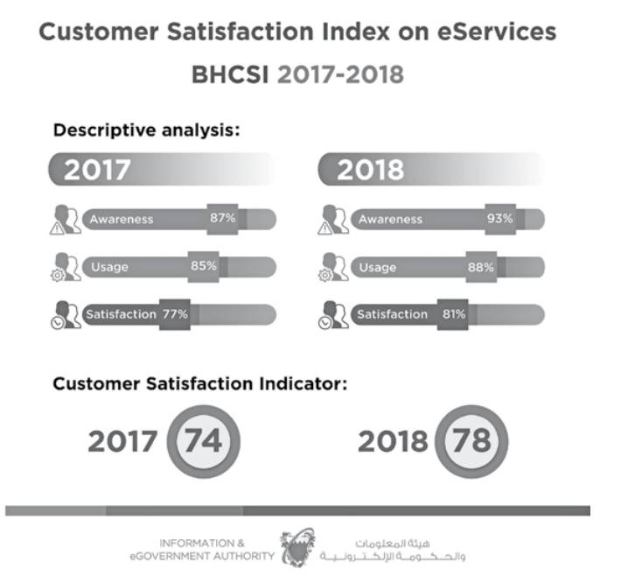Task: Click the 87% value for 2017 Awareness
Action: tap(222, 218)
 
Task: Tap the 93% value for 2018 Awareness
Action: tap(499, 218)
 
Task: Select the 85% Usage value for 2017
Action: tap(203, 266)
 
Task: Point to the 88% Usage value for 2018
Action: tap(480, 267)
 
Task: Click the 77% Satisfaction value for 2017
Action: tap(173, 314)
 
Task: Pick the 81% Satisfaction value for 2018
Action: tap(453, 313)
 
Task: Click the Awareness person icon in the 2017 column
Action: tap(65, 220)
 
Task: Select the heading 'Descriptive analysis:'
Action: tap(147, 130)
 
